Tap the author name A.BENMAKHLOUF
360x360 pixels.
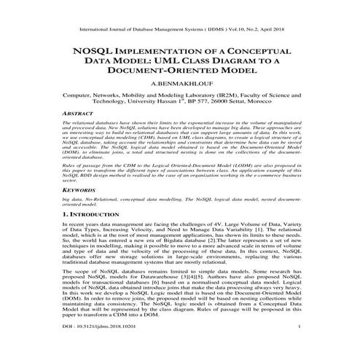coord(179,85)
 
